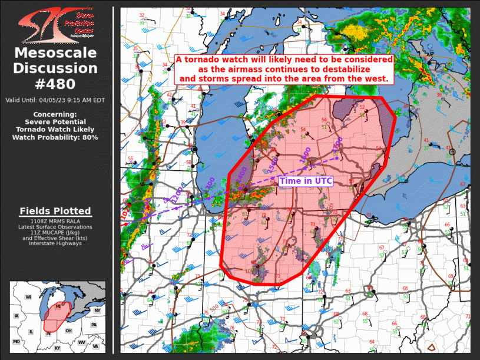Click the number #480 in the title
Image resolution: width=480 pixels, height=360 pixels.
click(x=57, y=83)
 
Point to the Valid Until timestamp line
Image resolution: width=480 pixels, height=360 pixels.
click(x=55, y=100)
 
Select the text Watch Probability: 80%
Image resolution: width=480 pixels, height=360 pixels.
click(x=55, y=137)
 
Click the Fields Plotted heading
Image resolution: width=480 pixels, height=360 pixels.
click(x=55, y=211)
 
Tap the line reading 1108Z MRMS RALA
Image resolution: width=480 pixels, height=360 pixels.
click(x=55, y=221)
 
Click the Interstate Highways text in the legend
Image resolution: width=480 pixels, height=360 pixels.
click(x=55, y=243)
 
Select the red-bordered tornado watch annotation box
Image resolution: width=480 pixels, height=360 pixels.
click(x=284, y=68)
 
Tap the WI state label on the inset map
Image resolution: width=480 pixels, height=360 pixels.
click(x=28, y=298)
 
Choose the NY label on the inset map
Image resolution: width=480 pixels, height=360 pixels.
click(x=97, y=311)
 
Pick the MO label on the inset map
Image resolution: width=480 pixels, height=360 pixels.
click(x=16, y=342)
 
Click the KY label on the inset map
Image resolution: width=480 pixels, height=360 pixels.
click(x=57, y=349)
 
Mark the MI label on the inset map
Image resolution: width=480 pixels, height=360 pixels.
click(x=58, y=306)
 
